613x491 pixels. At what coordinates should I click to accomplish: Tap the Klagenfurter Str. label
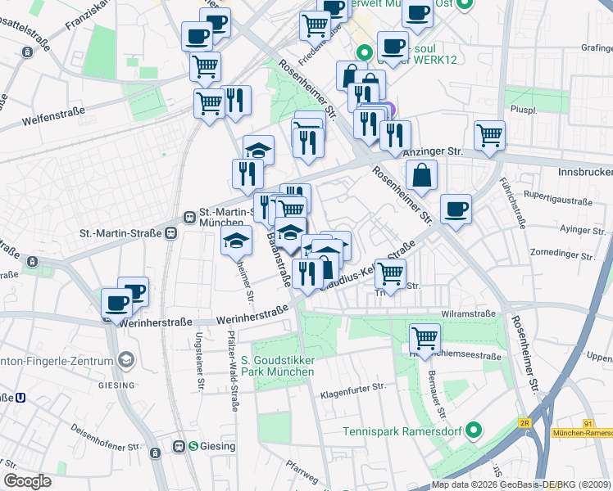(353, 390)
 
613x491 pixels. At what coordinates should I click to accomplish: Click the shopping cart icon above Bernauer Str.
(425, 337)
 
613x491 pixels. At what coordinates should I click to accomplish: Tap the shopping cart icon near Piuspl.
(489, 134)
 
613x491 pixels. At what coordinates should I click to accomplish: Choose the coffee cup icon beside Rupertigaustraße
(456, 208)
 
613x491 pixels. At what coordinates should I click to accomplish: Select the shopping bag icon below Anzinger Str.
(421, 174)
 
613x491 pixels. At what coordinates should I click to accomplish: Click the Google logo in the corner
(27, 481)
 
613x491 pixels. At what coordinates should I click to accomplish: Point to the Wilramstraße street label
(468, 313)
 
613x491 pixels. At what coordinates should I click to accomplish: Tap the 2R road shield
(525, 423)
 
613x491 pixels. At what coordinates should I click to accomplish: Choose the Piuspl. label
(522, 108)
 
